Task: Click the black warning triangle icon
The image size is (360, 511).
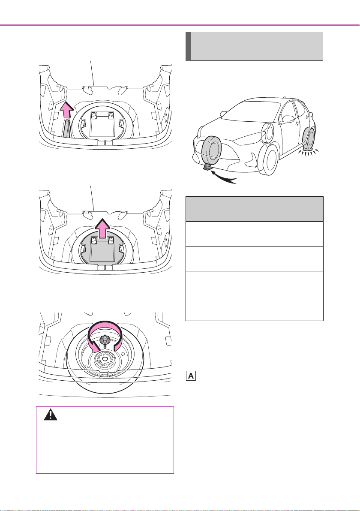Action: click(x=51, y=415)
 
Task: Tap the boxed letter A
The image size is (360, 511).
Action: click(x=191, y=376)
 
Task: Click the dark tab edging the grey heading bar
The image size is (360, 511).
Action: click(x=188, y=46)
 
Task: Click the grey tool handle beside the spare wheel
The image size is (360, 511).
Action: click(x=67, y=128)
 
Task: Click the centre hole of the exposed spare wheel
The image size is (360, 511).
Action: click(x=105, y=358)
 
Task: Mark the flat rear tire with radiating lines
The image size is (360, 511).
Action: click(x=309, y=141)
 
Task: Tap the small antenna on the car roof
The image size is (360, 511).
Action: click(x=285, y=97)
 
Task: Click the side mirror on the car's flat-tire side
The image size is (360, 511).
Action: click(x=287, y=119)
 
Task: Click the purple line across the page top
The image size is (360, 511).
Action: click(x=180, y=25)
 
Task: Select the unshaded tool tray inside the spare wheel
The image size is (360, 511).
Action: click(x=102, y=124)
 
